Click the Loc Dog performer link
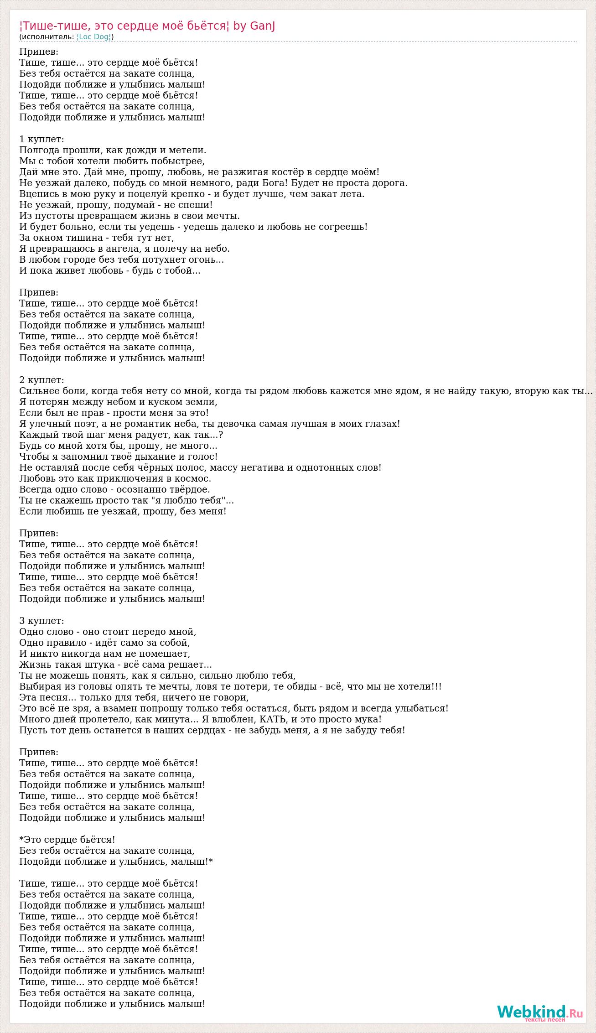click(94, 37)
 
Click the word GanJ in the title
click(262, 26)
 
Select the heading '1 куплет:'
click(41, 139)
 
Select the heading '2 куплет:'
click(41, 380)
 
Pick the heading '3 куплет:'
click(41, 621)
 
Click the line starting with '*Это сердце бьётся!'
click(67, 840)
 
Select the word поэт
click(82, 424)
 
